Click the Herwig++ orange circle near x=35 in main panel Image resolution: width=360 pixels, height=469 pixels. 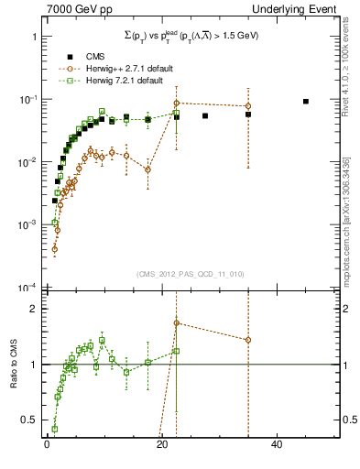coord(248,106)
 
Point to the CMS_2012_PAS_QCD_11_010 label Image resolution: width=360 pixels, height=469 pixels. coord(190,274)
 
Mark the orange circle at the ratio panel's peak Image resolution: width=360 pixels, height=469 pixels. coord(177,323)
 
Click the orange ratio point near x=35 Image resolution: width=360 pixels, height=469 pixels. coord(248,340)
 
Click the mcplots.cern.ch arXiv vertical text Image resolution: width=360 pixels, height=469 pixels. coord(345,220)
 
